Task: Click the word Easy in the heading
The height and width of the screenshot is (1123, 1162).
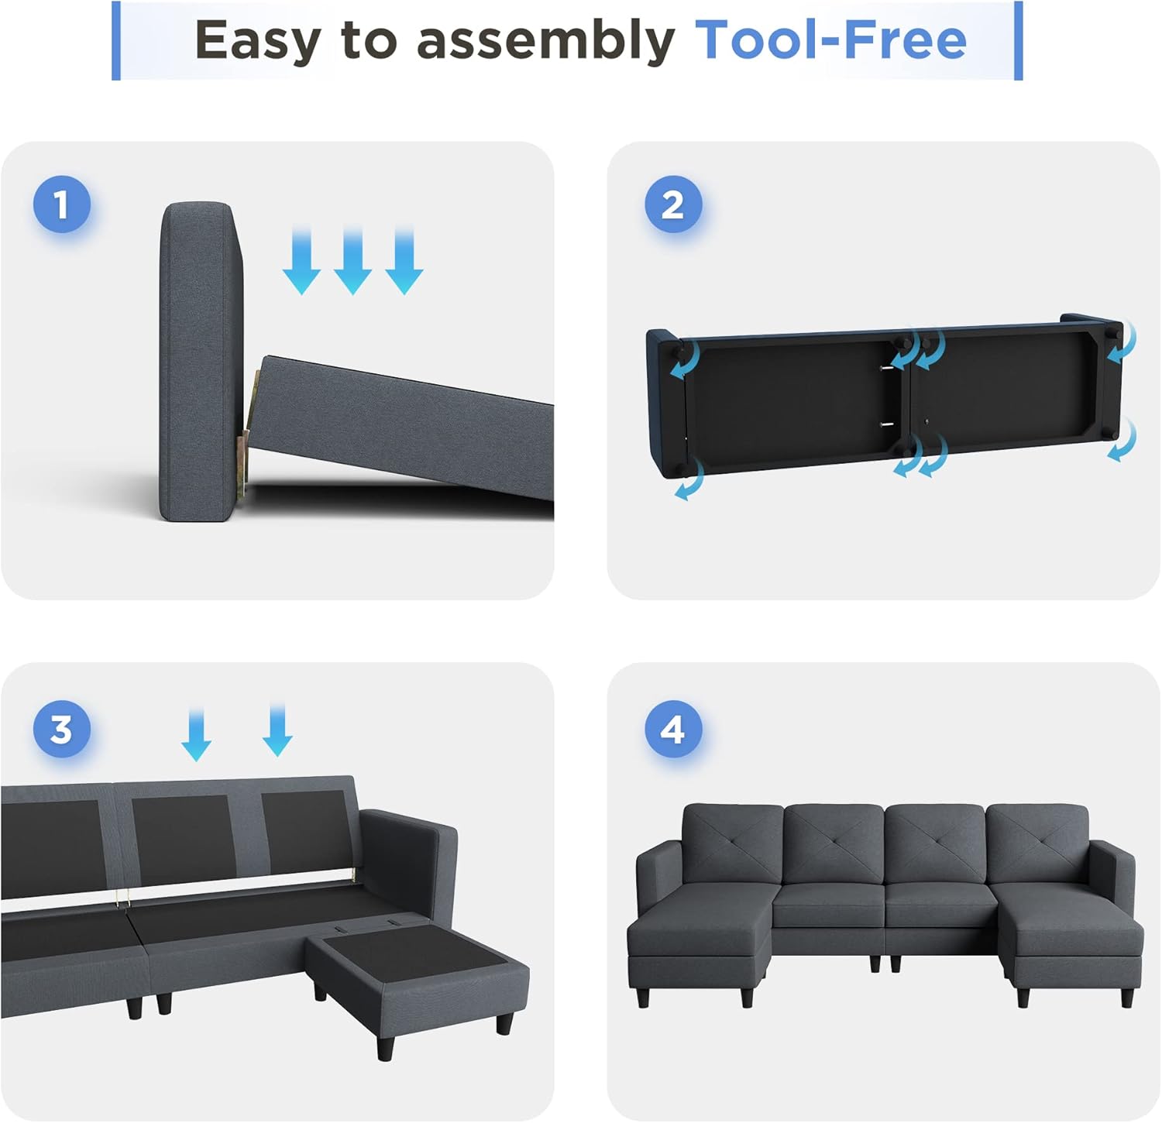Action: [x=257, y=40]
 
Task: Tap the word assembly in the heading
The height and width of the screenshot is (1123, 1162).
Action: [x=546, y=40]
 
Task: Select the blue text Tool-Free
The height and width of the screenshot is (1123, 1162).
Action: [x=830, y=40]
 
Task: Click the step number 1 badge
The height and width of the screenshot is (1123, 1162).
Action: [x=62, y=204]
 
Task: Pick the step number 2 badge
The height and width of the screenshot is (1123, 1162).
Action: [x=673, y=204]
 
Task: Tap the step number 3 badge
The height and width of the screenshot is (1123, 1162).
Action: [x=62, y=730]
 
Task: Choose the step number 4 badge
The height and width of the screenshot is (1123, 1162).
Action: [x=673, y=730]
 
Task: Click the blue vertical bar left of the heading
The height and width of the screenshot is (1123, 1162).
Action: [x=116, y=40]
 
